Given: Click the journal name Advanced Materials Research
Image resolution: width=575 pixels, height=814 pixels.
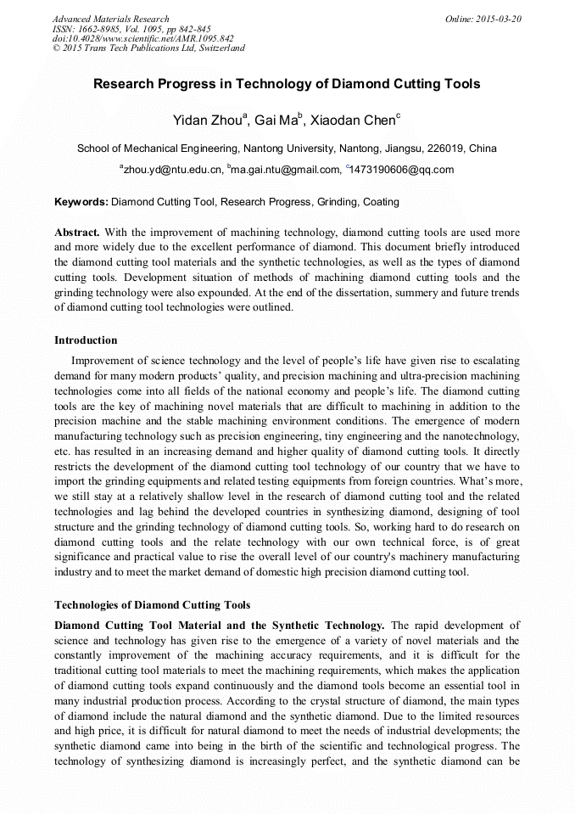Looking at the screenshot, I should point(110,19).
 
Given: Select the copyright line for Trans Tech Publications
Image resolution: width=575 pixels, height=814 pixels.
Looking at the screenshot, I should point(148,48).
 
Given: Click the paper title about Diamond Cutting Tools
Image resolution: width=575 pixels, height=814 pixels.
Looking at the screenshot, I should point(287,84).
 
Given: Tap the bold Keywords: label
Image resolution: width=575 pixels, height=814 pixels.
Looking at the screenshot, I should point(81,203).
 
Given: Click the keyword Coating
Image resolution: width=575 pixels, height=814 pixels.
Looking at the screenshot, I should point(381,203).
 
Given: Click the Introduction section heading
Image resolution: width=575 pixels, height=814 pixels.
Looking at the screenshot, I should point(86,340).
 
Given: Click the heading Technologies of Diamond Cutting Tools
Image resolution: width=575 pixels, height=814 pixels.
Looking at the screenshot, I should point(152,605).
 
